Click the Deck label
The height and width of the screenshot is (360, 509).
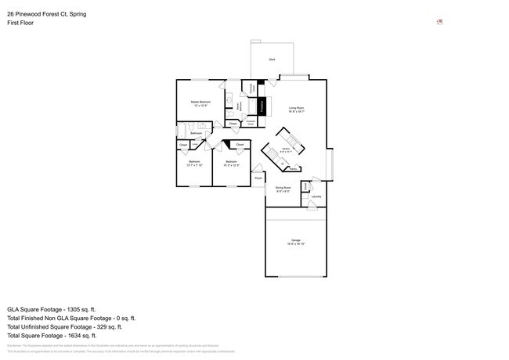(x=272, y=59)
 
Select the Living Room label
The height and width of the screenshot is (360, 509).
(x=296, y=109)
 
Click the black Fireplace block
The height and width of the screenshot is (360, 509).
(x=262, y=106)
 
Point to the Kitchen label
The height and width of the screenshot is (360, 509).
(x=287, y=149)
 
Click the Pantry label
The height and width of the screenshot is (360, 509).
(x=293, y=167)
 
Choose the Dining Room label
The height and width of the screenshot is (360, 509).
(x=283, y=189)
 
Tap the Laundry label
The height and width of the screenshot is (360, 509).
(x=316, y=197)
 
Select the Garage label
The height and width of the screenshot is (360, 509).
(x=296, y=241)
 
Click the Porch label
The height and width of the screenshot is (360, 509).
(x=258, y=178)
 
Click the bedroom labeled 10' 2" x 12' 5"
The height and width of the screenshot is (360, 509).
(x=231, y=164)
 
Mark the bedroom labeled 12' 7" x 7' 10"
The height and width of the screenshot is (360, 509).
(x=194, y=164)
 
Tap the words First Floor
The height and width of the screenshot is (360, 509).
(x=20, y=23)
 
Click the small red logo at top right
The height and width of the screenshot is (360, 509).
(x=439, y=22)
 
